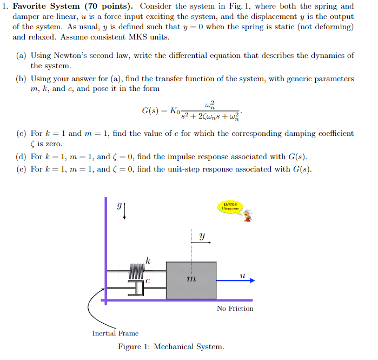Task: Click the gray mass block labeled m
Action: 191,280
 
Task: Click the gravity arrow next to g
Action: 125,211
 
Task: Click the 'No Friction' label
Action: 235,309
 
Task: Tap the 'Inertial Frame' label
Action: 115,333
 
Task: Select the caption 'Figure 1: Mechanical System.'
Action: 171,347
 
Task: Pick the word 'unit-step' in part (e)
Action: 200,169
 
